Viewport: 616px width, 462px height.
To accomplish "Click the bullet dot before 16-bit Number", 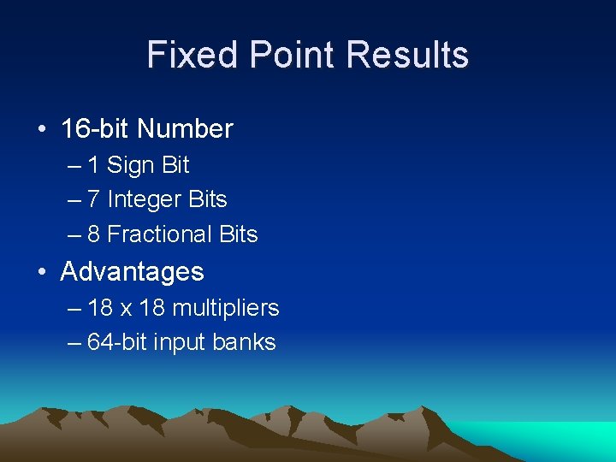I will pos(42,130).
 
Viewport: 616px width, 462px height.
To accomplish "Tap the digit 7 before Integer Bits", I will pos(93,199).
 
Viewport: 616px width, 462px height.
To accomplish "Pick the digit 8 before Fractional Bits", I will pos(93,234).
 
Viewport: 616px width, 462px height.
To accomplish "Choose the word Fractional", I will pos(160,234).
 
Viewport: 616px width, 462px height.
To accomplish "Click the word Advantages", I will pos(133,272).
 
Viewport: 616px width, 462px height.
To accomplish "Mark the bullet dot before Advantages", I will pos(42,273).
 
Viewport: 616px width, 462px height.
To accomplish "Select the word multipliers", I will pos(225,308).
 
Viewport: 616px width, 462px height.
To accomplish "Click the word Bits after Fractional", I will pos(239,234).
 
